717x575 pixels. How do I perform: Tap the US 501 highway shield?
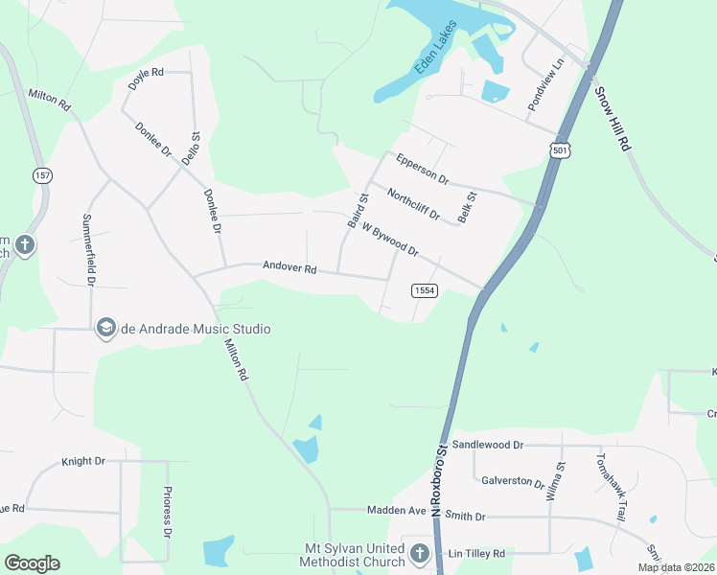[x=562, y=149]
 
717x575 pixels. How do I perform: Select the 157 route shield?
[x=42, y=175]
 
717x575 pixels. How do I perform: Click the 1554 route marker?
[x=425, y=289]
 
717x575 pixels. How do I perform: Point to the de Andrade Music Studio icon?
[x=105, y=329]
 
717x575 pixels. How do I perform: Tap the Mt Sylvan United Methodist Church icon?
[x=419, y=554]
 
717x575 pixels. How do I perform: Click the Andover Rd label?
[x=289, y=269]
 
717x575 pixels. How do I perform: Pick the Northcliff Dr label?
[x=413, y=204]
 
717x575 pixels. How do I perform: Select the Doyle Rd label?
[x=147, y=78]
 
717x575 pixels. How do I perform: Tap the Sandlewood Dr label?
[x=488, y=445]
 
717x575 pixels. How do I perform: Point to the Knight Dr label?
[x=83, y=461]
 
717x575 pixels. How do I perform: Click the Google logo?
[x=32, y=563]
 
